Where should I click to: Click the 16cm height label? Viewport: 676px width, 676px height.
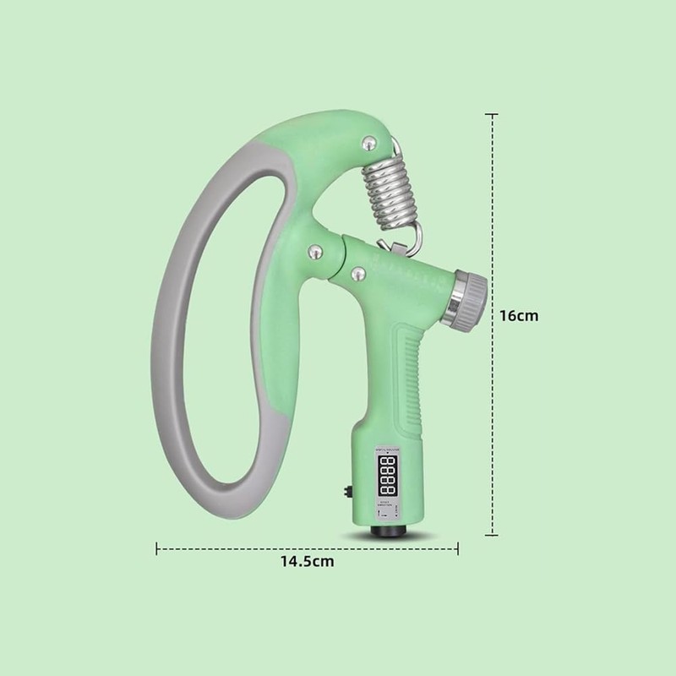coord(518,315)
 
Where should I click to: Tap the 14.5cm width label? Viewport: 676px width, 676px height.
coord(307,561)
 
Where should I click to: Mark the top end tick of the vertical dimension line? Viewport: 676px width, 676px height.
coord(493,113)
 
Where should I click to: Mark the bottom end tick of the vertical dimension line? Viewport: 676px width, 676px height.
coord(493,534)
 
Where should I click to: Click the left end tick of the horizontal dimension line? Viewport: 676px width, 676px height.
coord(157,549)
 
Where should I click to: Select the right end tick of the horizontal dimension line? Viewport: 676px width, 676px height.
coord(457,549)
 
